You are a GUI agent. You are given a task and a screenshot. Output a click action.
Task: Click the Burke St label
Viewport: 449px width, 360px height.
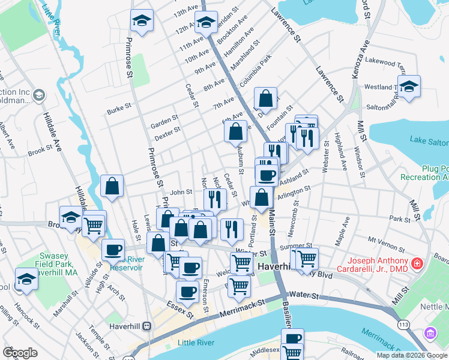[x=119, y=107]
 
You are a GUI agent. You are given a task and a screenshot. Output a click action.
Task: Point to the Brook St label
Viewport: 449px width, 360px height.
[x=41, y=150]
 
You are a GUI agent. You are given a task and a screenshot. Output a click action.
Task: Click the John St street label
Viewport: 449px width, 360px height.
[x=181, y=193]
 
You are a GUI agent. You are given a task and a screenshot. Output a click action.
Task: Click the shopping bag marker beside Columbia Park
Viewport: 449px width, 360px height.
[x=265, y=98]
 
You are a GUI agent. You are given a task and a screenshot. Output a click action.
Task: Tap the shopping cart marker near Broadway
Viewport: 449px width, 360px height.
[x=94, y=226]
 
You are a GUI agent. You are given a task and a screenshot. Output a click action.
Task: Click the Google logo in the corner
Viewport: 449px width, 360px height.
[x=20, y=353]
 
